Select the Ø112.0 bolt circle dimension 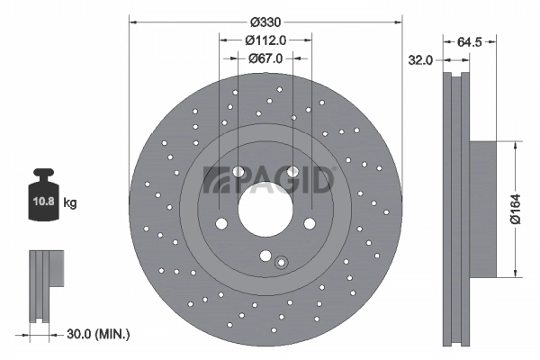265,40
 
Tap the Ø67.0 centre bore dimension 265,58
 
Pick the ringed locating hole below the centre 281,263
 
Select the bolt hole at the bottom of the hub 265,256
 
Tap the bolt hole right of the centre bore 309,223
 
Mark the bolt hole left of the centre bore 220,223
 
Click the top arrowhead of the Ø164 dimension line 514,145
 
